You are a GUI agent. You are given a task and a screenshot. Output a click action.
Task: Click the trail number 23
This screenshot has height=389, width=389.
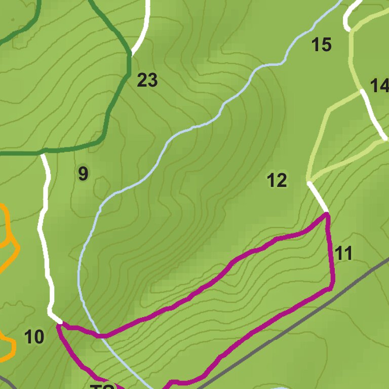pyautogui.click(x=147, y=80)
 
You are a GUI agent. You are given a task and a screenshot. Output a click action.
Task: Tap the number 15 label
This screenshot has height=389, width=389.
pyautogui.click(x=321, y=45)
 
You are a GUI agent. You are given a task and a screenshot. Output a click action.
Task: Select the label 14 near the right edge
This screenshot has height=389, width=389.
pyautogui.click(x=379, y=86)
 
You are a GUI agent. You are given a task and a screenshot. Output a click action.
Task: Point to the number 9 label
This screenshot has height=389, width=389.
pyautogui.click(x=83, y=174)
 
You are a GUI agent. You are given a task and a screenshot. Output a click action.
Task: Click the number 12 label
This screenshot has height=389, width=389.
pyautogui.click(x=277, y=180)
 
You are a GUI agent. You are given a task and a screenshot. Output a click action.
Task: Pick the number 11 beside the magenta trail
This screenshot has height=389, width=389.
pyautogui.click(x=343, y=253)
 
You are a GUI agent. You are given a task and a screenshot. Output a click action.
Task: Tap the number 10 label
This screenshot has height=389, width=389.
pyautogui.click(x=34, y=337)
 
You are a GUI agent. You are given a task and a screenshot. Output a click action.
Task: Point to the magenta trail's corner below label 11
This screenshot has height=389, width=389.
pyautogui.click(x=332, y=288)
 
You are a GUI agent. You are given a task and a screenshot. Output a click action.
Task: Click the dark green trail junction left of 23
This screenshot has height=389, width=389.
pyautogui.click(x=129, y=53)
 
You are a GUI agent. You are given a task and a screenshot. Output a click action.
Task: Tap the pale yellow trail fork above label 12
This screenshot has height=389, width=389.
pyautogui.click(x=308, y=180)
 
